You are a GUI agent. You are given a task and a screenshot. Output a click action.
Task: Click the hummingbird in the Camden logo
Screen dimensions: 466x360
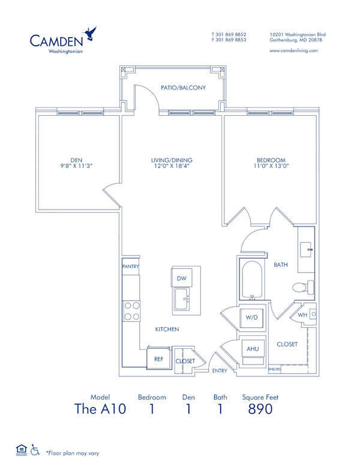91,33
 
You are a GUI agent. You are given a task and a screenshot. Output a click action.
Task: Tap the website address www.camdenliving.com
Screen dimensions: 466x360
293,51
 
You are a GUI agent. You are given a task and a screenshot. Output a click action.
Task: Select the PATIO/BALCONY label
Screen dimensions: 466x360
183,88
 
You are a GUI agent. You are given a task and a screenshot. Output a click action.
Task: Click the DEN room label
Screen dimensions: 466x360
76,160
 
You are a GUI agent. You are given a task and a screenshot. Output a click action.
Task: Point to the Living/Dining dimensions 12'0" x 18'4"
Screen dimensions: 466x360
172,168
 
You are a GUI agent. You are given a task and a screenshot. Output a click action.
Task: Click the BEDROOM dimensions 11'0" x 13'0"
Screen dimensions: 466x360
271,168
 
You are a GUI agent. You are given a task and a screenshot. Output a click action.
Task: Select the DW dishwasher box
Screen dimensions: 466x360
181,278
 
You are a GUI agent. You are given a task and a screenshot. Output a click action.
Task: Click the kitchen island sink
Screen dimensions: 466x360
183,298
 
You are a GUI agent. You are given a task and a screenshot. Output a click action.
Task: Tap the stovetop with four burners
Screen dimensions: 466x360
131,310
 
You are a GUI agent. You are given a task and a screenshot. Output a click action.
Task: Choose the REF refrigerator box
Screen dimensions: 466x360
158,359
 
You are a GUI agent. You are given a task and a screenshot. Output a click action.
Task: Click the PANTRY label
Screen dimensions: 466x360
130,265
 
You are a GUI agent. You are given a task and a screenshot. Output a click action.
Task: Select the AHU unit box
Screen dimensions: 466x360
251,349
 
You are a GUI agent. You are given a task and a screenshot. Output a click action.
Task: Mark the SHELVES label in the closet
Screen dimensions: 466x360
274,369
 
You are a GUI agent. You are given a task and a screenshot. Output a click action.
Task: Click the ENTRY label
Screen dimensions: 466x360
220,371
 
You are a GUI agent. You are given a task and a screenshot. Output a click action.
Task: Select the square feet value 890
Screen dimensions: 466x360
260,410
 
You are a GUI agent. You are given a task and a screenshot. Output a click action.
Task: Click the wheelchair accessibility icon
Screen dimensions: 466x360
35,449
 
